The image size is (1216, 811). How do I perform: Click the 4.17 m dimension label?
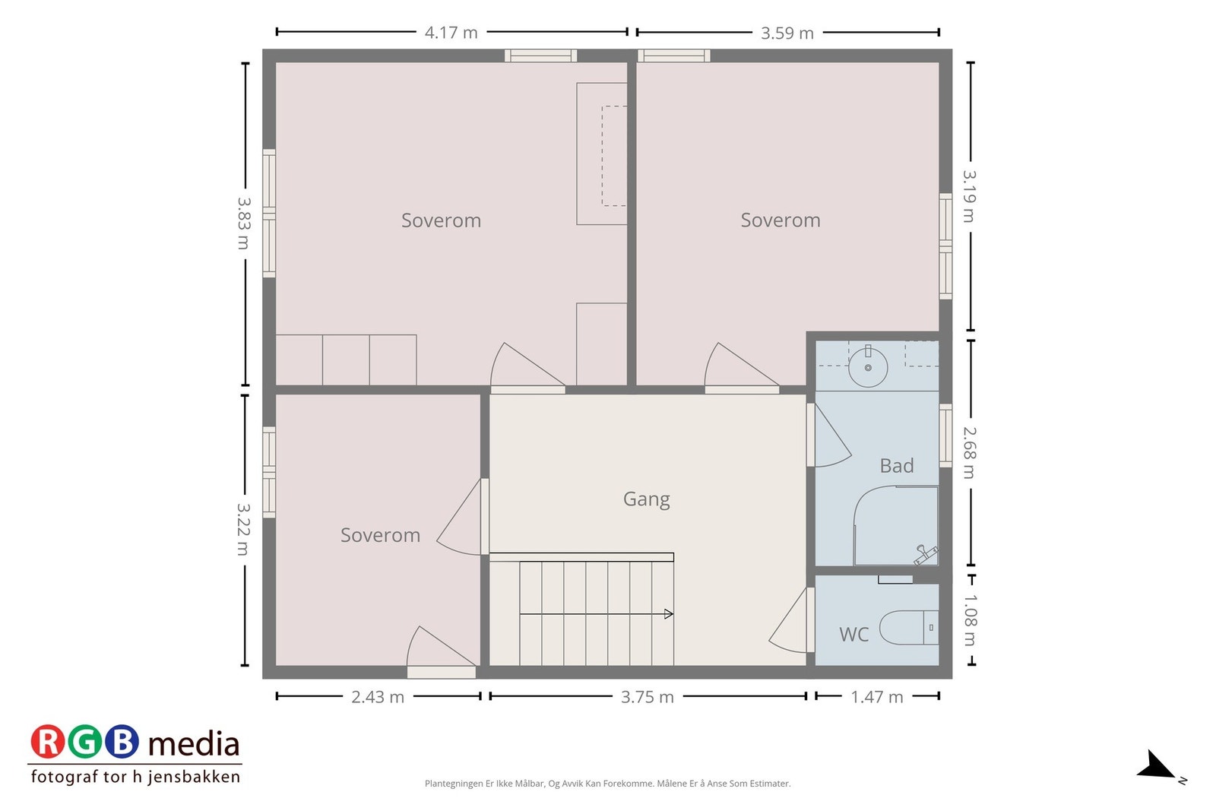(451, 33)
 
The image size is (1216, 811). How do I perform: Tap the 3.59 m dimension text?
(787, 33)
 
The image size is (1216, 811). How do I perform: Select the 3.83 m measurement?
(244, 223)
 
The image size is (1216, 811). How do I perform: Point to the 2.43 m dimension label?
(377, 696)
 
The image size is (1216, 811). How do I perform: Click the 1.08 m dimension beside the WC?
(970, 620)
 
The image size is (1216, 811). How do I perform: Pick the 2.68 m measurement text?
(970, 453)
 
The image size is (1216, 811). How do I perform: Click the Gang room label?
(646, 499)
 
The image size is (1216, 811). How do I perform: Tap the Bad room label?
(896, 466)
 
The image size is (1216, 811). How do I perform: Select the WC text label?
(853, 634)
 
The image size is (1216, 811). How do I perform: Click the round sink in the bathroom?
(867, 368)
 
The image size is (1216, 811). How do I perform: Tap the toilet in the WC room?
(909, 628)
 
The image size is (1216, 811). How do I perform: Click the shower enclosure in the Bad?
(896, 526)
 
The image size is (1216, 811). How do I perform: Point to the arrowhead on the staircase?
(669, 614)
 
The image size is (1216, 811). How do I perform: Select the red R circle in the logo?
(47, 741)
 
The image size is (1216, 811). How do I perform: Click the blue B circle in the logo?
(122, 741)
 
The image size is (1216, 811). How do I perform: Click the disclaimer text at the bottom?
(607, 784)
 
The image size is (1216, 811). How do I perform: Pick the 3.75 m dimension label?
(647, 696)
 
